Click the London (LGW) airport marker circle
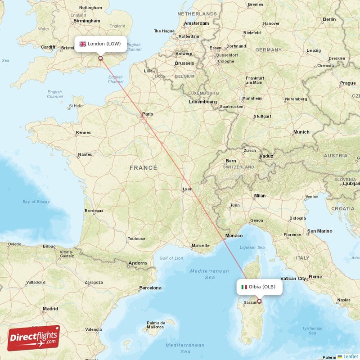click(x=100, y=58)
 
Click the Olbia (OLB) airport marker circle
click(x=259, y=301)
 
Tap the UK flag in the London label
click(x=83, y=44)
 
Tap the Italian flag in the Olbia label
click(x=244, y=287)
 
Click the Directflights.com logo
click(x=33, y=338)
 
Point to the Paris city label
click(x=147, y=114)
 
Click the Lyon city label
click(x=188, y=189)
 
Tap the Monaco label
click(x=234, y=236)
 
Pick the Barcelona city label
click(x=150, y=288)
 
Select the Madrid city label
click(x=50, y=309)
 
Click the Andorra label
click(x=137, y=263)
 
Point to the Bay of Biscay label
click(x=36, y=202)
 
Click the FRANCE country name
click(x=144, y=168)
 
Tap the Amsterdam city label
click(x=196, y=23)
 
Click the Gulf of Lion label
click(x=171, y=258)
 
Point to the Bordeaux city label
click(x=94, y=210)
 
